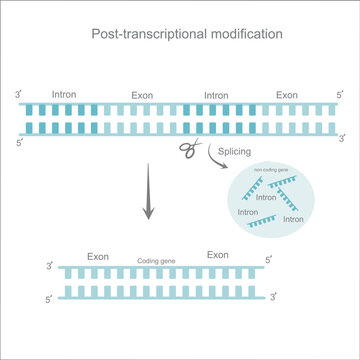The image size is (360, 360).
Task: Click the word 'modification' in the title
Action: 246,34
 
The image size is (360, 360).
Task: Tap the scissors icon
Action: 187,148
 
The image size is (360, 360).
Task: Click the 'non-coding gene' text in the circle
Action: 275,171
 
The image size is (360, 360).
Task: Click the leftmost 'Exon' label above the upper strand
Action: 142,96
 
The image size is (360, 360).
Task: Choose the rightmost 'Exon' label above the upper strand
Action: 287,95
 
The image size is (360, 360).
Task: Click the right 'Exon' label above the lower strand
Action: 218,256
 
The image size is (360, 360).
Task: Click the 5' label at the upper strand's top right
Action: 339,96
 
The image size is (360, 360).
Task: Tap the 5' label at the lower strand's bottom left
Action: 50,300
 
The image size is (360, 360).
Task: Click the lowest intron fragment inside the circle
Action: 271,226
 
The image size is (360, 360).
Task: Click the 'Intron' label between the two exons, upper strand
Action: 216,96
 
